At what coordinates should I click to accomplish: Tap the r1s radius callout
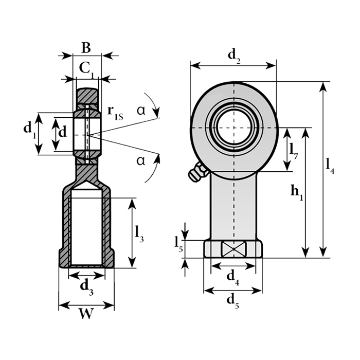click(x=115, y=113)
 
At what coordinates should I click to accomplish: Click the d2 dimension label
click(x=234, y=56)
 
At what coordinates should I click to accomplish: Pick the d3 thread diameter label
click(x=86, y=287)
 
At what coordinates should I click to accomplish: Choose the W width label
click(x=86, y=313)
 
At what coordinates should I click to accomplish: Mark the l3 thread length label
click(x=139, y=234)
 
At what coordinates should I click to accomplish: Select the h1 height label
click(x=297, y=192)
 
